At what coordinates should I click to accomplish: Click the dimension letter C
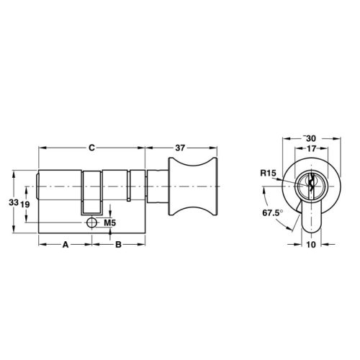point(91,148)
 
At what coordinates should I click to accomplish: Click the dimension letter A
point(65,245)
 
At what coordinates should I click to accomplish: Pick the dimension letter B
point(119,245)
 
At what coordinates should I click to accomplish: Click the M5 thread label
point(109,224)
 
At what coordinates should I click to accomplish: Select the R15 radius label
point(268,174)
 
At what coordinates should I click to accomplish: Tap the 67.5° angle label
point(271,213)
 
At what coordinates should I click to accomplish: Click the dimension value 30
point(312,138)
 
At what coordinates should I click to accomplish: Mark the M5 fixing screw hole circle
point(91,223)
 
